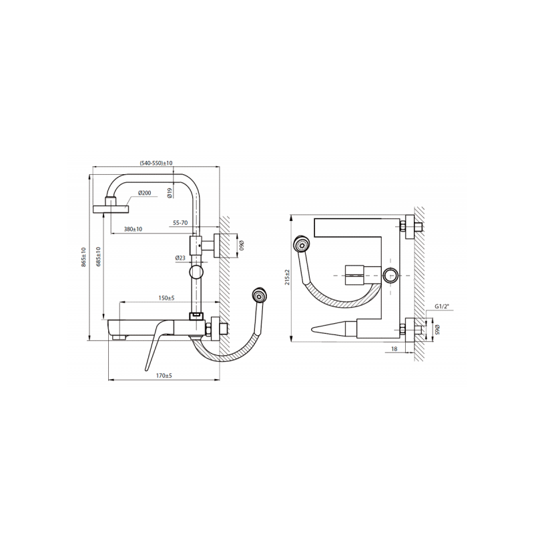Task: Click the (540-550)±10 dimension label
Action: coord(156,163)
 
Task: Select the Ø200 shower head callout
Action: coord(144,193)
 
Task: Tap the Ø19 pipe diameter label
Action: coord(170,193)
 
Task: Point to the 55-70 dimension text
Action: coord(180,223)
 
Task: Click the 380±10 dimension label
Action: coord(133,229)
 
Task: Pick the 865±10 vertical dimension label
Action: coord(84,257)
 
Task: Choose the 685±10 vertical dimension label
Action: coord(98,257)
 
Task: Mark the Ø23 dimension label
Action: coord(180,258)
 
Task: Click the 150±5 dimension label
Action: coord(166,298)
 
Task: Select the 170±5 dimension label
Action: coord(164,376)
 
